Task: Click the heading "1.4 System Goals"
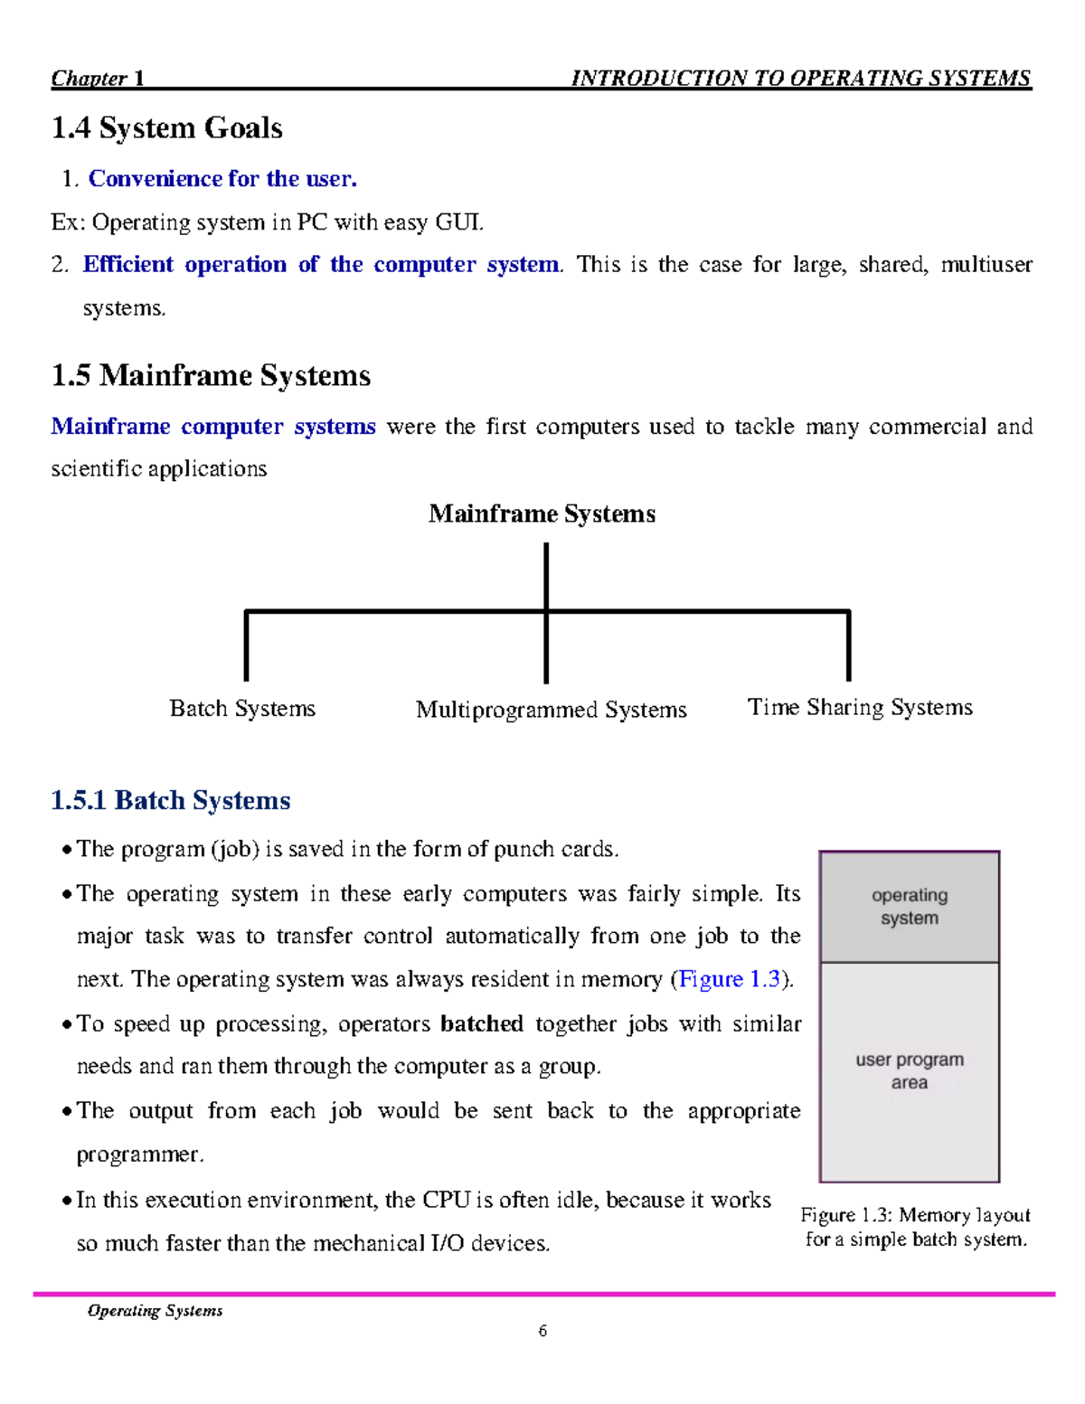pos(166,128)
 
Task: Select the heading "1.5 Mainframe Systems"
pos(211,375)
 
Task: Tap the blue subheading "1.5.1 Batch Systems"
pos(171,800)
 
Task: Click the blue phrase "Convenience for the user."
pos(222,179)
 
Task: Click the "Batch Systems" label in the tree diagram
pos(242,708)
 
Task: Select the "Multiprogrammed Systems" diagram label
pos(551,710)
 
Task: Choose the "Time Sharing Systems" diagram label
pos(860,707)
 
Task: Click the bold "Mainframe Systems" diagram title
pos(542,514)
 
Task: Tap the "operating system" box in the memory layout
pos(910,907)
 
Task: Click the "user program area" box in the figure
pos(910,1071)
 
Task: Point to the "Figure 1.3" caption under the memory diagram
pos(915,1227)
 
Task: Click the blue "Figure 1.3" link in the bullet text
pos(729,979)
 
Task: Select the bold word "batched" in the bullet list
pos(482,1023)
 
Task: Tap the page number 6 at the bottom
pos(542,1331)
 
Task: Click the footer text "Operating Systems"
pos(155,1311)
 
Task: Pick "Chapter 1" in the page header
pos(98,78)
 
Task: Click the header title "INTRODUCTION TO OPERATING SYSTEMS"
pos(800,78)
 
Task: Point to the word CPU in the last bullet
pos(447,1200)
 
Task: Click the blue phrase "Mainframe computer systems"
pos(213,426)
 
